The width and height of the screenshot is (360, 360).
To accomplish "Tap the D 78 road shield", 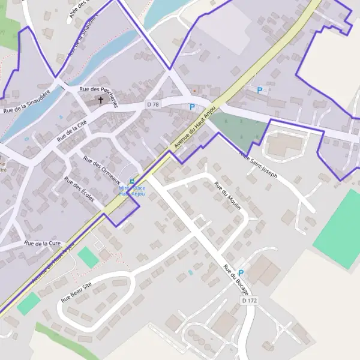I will tap(153, 104).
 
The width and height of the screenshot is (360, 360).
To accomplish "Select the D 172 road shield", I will tap(249, 299).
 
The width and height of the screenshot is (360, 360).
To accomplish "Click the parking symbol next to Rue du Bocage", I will tap(241, 272).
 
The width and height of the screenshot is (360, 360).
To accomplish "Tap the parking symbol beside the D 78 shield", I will tap(192, 107).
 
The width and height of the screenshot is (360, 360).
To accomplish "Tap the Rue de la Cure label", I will tap(43, 244).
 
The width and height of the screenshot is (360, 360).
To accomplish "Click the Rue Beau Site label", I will tap(78, 291).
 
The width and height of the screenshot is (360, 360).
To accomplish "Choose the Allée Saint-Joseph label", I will tap(258, 164).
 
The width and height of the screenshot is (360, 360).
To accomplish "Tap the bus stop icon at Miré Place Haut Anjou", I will tap(132, 182).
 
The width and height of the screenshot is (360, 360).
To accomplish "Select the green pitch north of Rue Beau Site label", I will tap(88, 257).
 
